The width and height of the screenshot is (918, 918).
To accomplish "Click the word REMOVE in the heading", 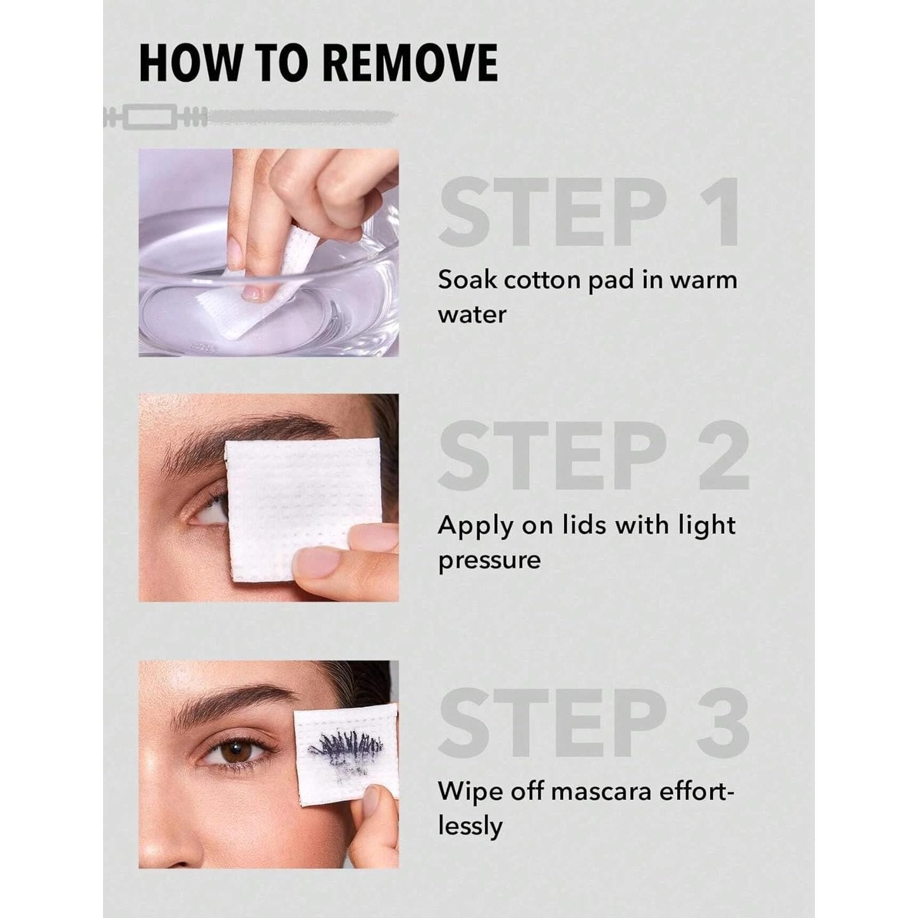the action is [x=410, y=63].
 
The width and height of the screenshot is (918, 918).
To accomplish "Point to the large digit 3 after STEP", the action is [x=723, y=723].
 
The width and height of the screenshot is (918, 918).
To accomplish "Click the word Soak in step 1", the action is [x=467, y=280].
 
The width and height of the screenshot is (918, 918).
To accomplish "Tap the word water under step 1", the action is [x=472, y=315].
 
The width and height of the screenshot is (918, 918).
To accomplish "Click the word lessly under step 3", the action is [x=470, y=828].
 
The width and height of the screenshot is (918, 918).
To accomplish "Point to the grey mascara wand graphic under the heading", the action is [x=250, y=117].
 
